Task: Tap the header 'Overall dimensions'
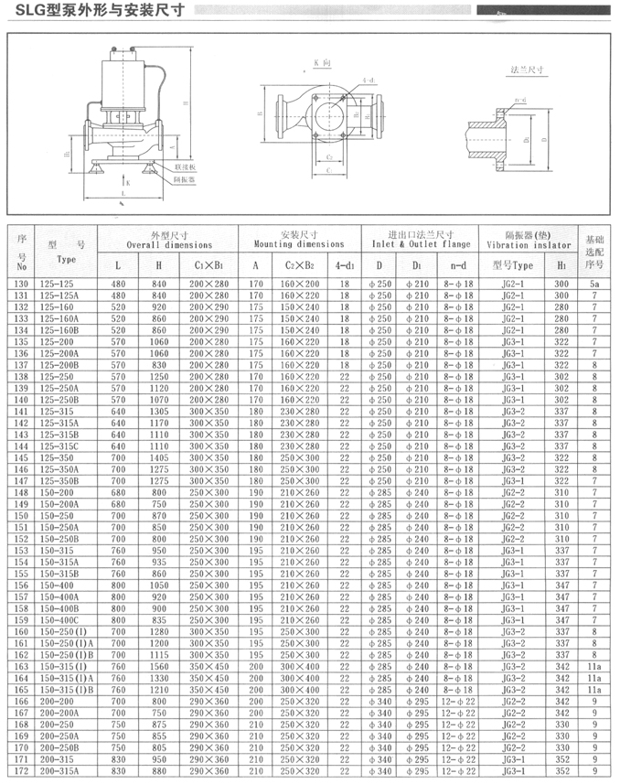tap(169, 245)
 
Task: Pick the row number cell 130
tap(22, 285)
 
